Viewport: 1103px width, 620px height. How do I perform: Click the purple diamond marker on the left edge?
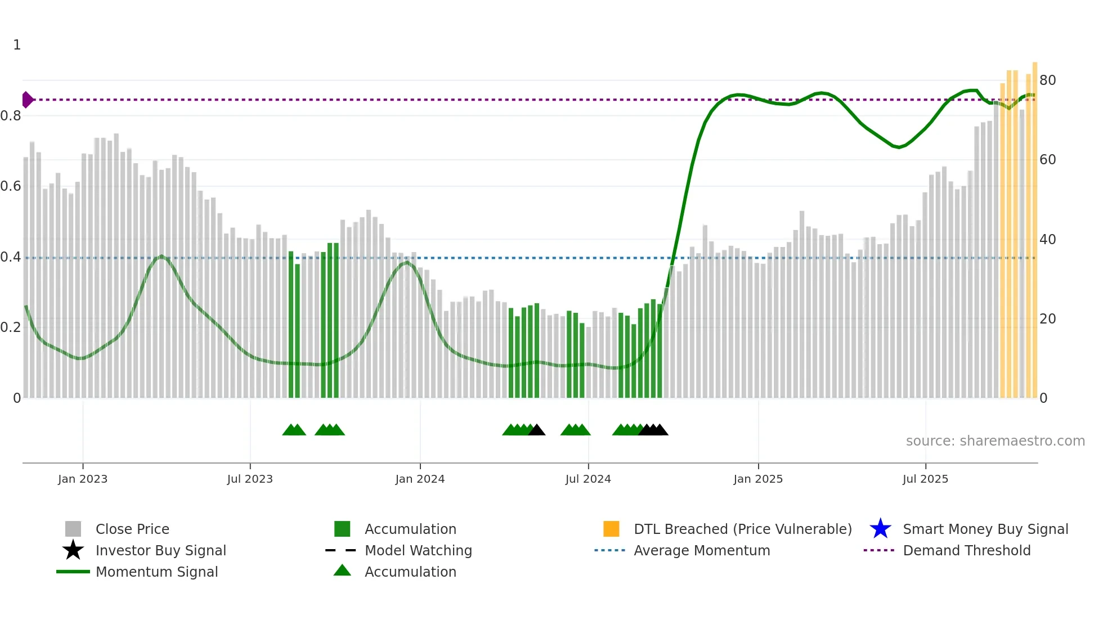[27, 100]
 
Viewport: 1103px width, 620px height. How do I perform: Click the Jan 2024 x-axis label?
[420, 479]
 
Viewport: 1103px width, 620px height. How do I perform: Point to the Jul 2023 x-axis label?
[250, 479]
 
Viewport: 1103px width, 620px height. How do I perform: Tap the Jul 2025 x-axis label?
[925, 479]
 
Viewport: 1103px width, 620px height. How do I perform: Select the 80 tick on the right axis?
[1047, 80]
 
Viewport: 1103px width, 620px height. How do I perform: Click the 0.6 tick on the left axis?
[11, 186]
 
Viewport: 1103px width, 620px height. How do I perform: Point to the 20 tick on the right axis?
[1047, 319]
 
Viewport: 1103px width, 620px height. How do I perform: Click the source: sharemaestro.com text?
[995, 441]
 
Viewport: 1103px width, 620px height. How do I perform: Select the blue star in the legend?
[880, 529]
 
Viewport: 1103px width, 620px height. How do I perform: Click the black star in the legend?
[73, 550]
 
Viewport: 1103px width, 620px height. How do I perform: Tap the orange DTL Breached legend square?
[611, 529]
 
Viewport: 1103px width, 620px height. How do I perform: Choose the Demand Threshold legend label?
[966, 550]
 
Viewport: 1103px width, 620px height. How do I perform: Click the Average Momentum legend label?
[701, 550]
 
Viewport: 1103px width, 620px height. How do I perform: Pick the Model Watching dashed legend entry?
[340, 550]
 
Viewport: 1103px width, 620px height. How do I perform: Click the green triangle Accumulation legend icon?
[342, 570]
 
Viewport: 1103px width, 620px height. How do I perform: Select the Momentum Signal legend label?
[156, 572]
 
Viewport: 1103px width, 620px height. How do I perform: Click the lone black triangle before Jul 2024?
[537, 430]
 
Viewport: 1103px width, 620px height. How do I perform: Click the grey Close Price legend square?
[73, 529]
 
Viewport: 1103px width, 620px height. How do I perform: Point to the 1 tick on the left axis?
[17, 45]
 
